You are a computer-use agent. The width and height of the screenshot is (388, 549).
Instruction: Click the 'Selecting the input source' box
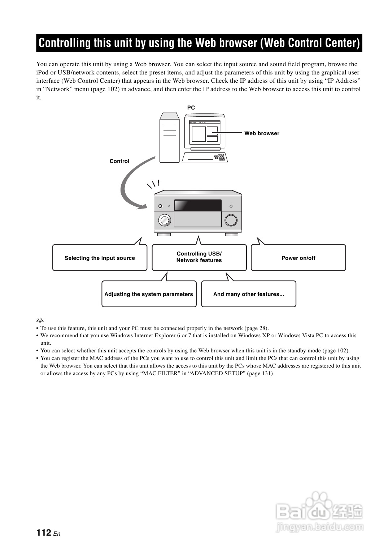click(x=100, y=258)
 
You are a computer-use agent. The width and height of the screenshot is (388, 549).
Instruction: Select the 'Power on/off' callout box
click(x=298, y=258)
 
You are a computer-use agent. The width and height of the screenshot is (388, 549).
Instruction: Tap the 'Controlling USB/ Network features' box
click(x=199, y=257)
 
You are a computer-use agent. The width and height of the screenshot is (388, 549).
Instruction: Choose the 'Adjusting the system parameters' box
click(x=149, y=294)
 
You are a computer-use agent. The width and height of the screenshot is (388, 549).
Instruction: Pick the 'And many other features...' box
click(x=248, y=294)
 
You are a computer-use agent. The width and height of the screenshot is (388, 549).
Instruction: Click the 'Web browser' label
click(x=262, y=133)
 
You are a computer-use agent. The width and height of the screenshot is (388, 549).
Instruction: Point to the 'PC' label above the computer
click(x=191, y=108)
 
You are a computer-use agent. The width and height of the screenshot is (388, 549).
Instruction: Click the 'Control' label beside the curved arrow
click(x=119, y=161)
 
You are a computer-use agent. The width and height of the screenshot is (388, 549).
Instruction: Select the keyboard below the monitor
click(x=205, y=157)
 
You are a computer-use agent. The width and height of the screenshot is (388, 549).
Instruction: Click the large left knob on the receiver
click(x=164, y=220)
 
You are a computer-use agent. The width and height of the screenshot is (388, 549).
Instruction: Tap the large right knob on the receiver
click(x=231, y=220)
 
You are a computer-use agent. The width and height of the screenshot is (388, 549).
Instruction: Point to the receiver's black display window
click(x=198, y=205)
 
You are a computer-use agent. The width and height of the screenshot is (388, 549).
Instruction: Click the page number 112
click(x=44, y=533)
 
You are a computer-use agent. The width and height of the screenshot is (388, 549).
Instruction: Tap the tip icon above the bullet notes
click(x=40, y=320)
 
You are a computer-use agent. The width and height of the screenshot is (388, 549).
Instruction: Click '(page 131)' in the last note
click(x=260, y=373)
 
